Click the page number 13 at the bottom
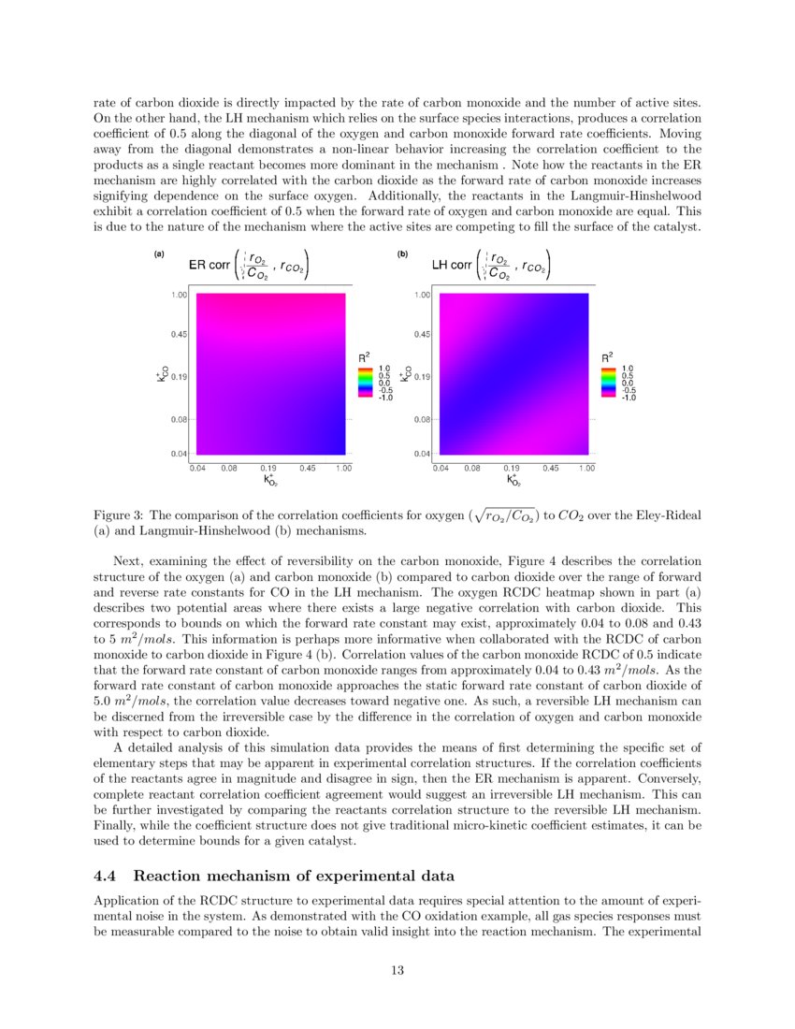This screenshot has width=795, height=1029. pyautogui.click(x=397, y=970)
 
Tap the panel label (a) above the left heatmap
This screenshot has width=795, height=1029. pyautogui.click(x=159, y=254)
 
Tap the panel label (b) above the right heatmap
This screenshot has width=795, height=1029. pyautogui.click(x=402, y=254)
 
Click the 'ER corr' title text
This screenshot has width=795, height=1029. pyautogui.click(x=210, y=265)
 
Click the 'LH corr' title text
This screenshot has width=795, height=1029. pyautogui.click(x=452, y=265)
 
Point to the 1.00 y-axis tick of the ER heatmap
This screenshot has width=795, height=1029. pyautogui.click(x=178, y=294)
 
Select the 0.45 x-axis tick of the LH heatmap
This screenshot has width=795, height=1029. pyautogui.click(x=549, y=468)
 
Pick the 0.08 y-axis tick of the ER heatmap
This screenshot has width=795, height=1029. pyautogui.click(x=178, y=420)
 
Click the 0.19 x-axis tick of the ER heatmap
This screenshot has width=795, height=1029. pyautogui.click(x=267, y=468)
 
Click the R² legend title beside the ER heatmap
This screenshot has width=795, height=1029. pyautogui.click(x=365, y=356)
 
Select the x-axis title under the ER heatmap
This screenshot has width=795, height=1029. pyautogui.click(x=270, y=481)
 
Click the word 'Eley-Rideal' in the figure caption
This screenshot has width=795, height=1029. pyautogui.click(x=670, y=515)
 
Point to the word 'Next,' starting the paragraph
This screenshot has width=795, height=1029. pyautogui.click(x=130, y=560)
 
